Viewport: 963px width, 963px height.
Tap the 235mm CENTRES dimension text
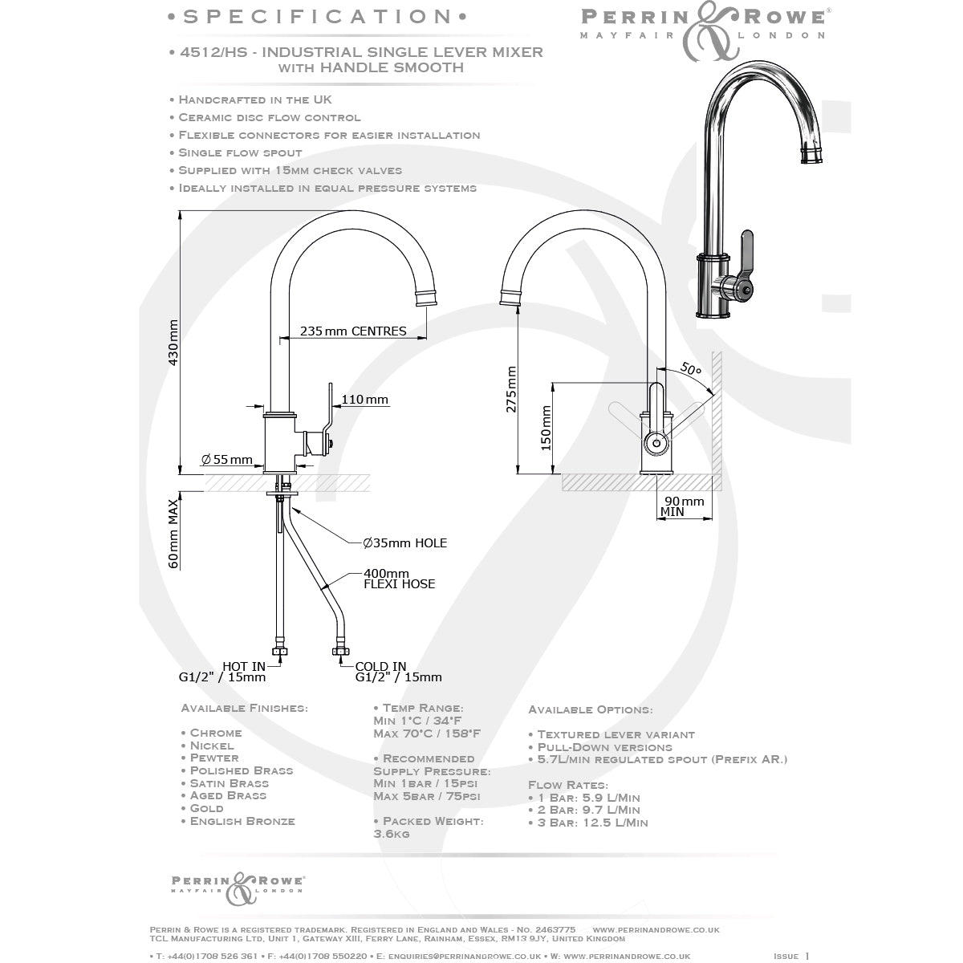click(x=353, y=331)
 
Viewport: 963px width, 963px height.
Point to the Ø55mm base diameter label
click(x=227, y=459)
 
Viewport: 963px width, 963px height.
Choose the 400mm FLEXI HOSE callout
click(x=399, y=579)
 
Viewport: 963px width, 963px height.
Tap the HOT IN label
click(x=244, y=666)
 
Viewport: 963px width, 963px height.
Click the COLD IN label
click(x=380, y=666)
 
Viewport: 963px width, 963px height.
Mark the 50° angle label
click(x=691, y=370)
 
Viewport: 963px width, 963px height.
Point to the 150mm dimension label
click(x=546, y=428)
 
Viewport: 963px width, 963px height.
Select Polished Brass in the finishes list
click(x=242, y=770)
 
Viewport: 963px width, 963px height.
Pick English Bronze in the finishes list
click(x=242, y=821)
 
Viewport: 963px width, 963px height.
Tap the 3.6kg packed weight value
click(x=392, y=834)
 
